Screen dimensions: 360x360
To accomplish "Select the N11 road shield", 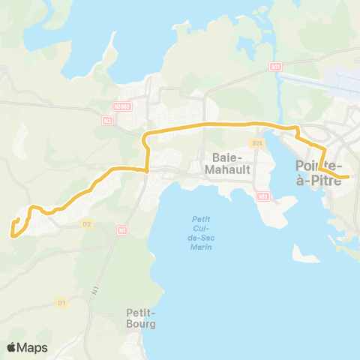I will point(274,67).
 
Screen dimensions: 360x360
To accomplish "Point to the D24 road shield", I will point(257,142).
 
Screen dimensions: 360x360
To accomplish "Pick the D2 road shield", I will point(86,223).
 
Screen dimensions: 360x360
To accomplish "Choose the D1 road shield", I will point(62,302).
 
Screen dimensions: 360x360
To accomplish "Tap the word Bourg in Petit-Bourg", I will point(141,325).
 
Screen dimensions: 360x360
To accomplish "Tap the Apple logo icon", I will point(12,347).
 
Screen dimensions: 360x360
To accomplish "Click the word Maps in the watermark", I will point(33,347).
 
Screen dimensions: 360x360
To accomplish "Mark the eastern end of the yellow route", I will point(348,178).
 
